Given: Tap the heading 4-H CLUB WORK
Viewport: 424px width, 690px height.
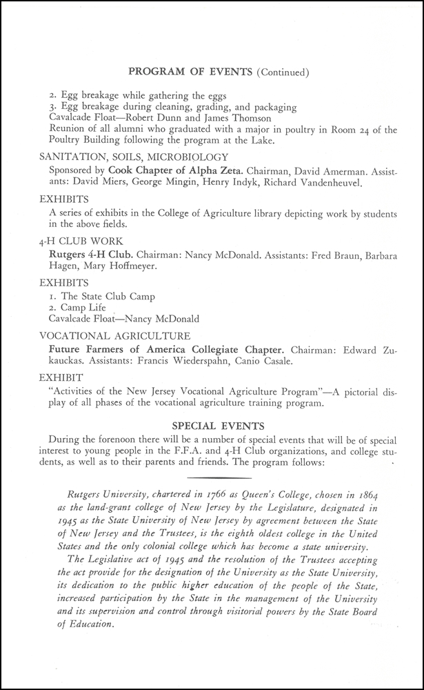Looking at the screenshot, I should (81, 242).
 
